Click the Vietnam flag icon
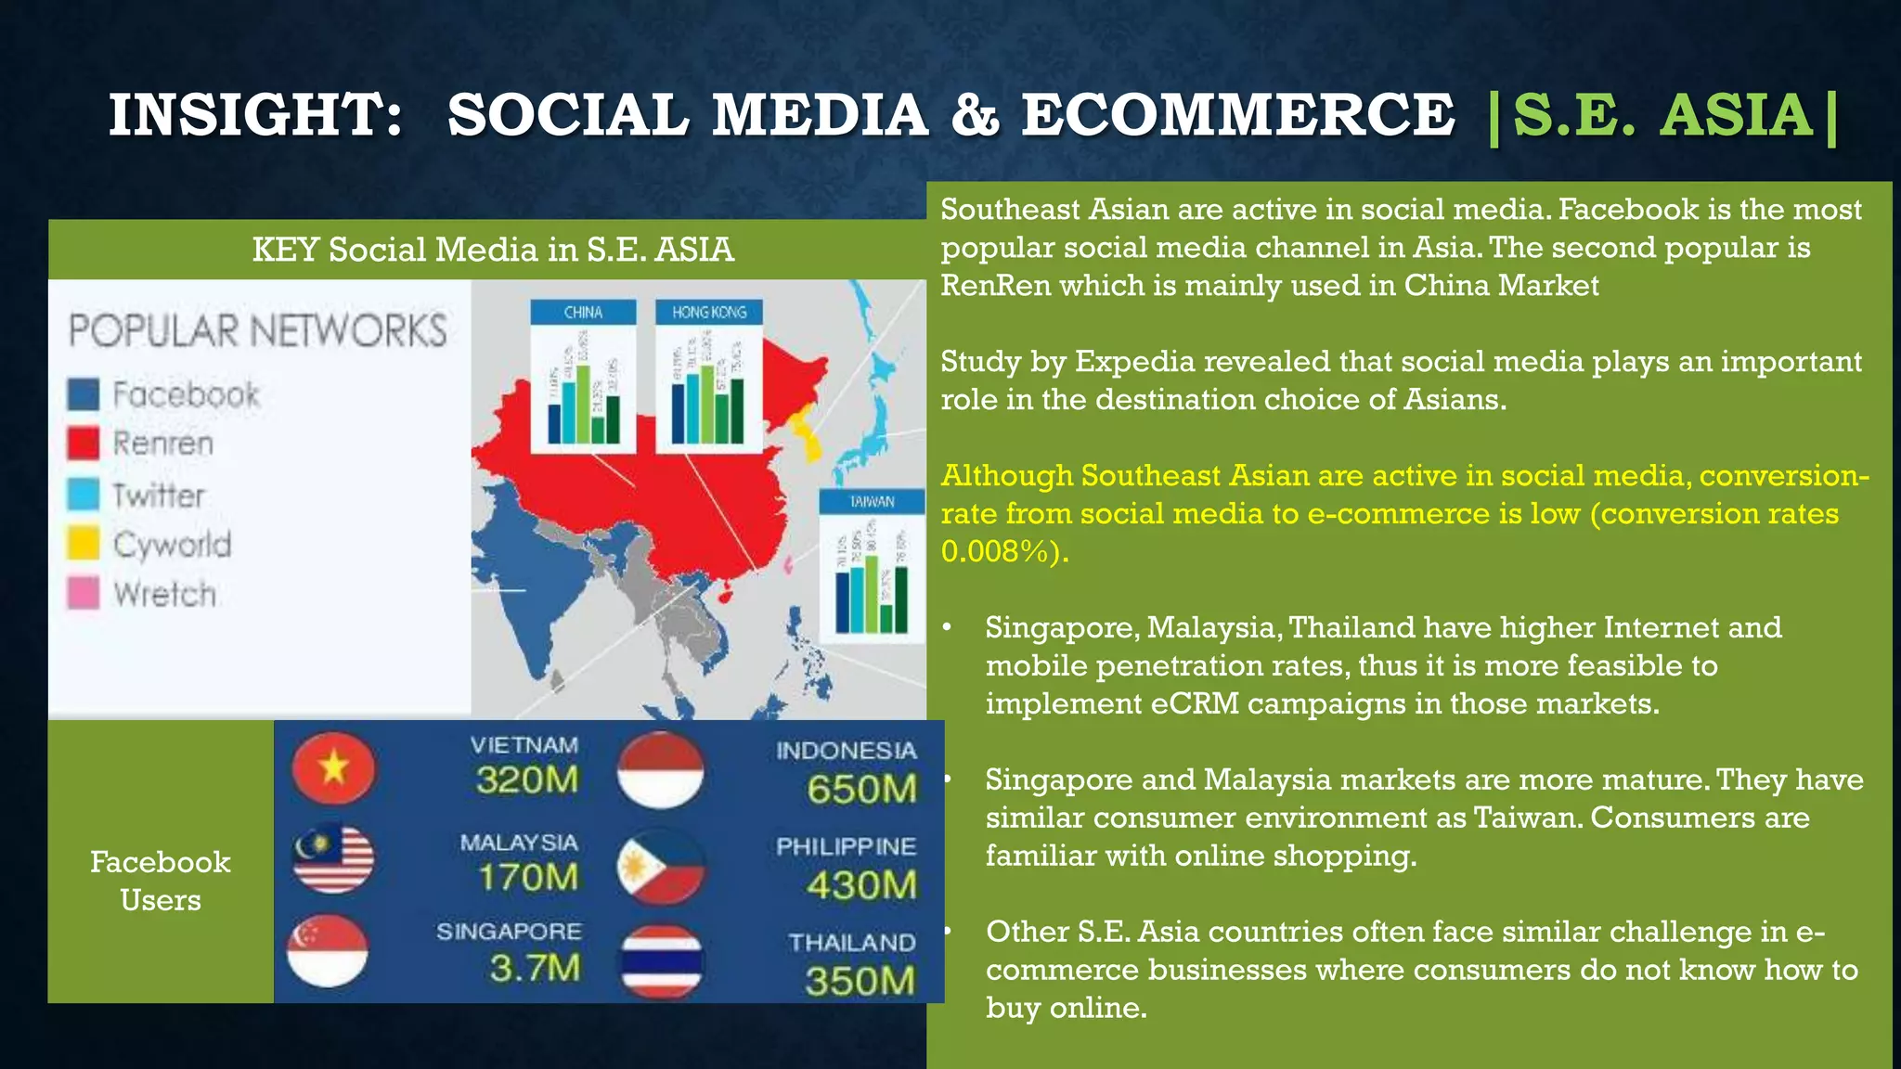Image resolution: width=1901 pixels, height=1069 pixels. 333,768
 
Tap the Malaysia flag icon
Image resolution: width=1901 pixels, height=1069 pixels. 334,859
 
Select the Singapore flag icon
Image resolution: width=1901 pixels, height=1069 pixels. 328,951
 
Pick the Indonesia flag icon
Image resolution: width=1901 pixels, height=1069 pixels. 661,768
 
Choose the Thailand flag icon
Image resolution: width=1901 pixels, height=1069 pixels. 661,961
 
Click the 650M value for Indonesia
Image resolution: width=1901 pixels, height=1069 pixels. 861,789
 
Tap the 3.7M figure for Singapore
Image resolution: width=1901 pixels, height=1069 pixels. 535,969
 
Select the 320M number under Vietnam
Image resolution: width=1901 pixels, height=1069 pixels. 526,779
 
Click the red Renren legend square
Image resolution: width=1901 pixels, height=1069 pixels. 84,444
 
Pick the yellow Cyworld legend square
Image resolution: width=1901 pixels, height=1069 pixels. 84,544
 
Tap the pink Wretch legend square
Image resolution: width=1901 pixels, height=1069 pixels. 84,593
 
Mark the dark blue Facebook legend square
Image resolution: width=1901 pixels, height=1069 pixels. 84,394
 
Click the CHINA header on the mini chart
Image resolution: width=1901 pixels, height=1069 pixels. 583,313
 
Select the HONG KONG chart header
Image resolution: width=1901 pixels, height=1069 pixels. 709,313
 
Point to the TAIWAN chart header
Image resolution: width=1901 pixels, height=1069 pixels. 872,502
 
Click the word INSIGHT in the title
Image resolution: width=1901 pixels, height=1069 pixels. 255,115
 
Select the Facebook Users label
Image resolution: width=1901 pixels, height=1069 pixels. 161,881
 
